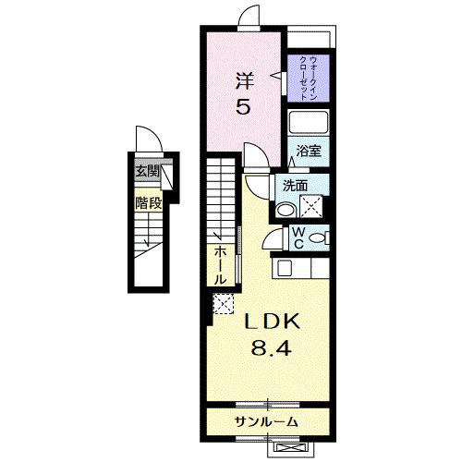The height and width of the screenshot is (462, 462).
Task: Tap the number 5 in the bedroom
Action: (242, 107)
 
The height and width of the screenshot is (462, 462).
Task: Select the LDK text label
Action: (271, 323)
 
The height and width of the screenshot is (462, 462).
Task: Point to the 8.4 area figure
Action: (271, 350)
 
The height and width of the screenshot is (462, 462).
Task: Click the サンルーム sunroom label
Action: (265, 421)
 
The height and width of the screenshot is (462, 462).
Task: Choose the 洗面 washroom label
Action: (295, 185)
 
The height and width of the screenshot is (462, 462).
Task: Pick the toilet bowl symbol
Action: (318, 237)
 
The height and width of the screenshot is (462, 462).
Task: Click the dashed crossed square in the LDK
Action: (224, 303)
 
